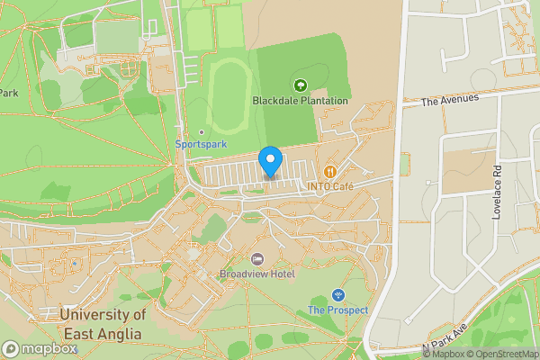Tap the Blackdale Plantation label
[300, 101]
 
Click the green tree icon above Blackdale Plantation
[299, 85]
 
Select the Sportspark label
[201, 144]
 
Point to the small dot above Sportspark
[202, 132]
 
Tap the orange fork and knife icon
[329, 171]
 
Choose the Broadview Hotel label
[256, 273]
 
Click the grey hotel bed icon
[256, 259]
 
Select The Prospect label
[337, 310]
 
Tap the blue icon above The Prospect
[337, 295]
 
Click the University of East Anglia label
[101, 324]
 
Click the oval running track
[229, 99]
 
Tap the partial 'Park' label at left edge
[9, 93]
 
